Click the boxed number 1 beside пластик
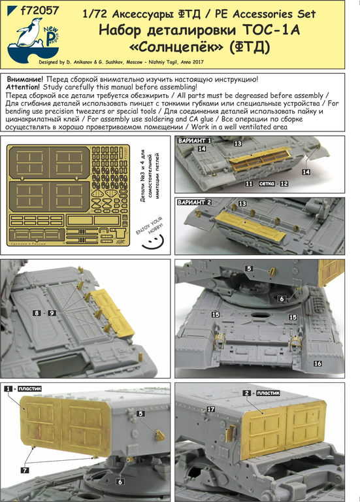coord(9,388)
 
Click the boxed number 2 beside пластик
coord(246,393)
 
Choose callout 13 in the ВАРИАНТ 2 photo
coord(242,204)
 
